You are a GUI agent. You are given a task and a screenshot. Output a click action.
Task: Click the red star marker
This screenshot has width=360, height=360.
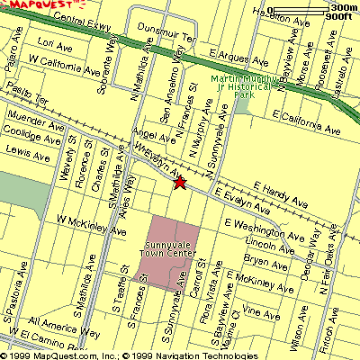tap(179, 184)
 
